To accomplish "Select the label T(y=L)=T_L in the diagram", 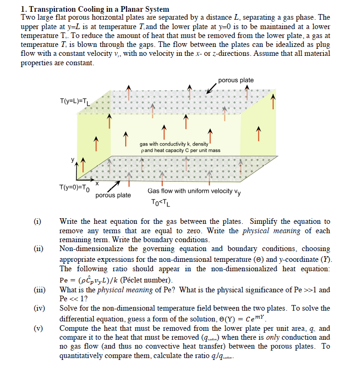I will [76, 101].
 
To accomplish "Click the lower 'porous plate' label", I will [113, 195].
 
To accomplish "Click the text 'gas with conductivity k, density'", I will [174, 144].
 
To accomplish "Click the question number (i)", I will [37, 221].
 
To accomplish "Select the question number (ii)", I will [37, 249].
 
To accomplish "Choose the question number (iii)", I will [38, 290].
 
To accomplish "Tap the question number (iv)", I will [38, 308].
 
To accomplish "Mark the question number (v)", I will [37, 328].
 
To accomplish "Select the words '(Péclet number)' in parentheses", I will [146, 280].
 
